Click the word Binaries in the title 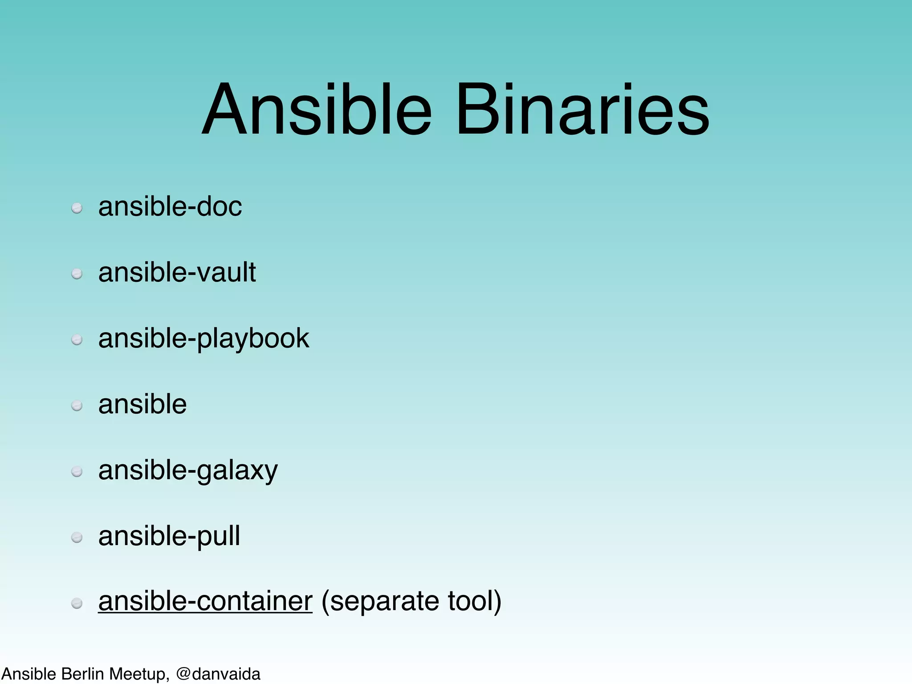coord(582,110)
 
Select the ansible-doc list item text coord(170,207)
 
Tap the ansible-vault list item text coord(177,272)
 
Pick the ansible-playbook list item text coord(204,338)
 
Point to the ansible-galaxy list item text coord(187,471)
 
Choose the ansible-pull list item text coord(169,536)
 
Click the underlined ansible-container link coord(205,601)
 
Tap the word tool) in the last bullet coord(474,601)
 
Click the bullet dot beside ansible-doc coord(77,208)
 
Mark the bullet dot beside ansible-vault coord(77,274)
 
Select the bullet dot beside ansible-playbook coord(77,340)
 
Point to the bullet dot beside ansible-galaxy coord(77,472)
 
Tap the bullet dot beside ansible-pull coord(77,538)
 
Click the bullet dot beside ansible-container coord(77,603)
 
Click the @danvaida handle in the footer coord(218,674)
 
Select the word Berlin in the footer coord(83,674)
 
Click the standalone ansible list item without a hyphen coord(142,404)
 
